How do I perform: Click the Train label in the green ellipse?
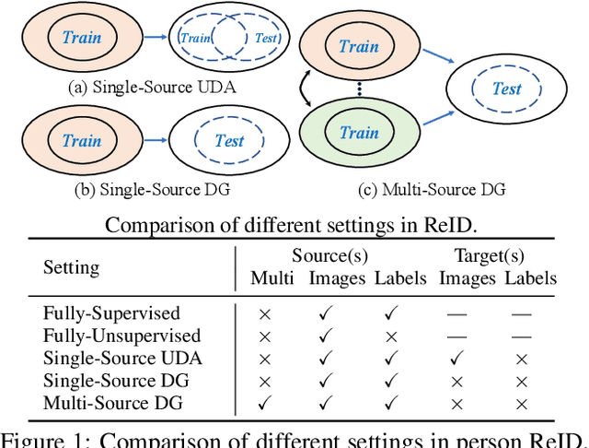(359, 133)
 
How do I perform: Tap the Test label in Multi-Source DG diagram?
(506, 89)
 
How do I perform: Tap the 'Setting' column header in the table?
(72, 267)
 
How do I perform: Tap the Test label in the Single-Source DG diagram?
(228, 141)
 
